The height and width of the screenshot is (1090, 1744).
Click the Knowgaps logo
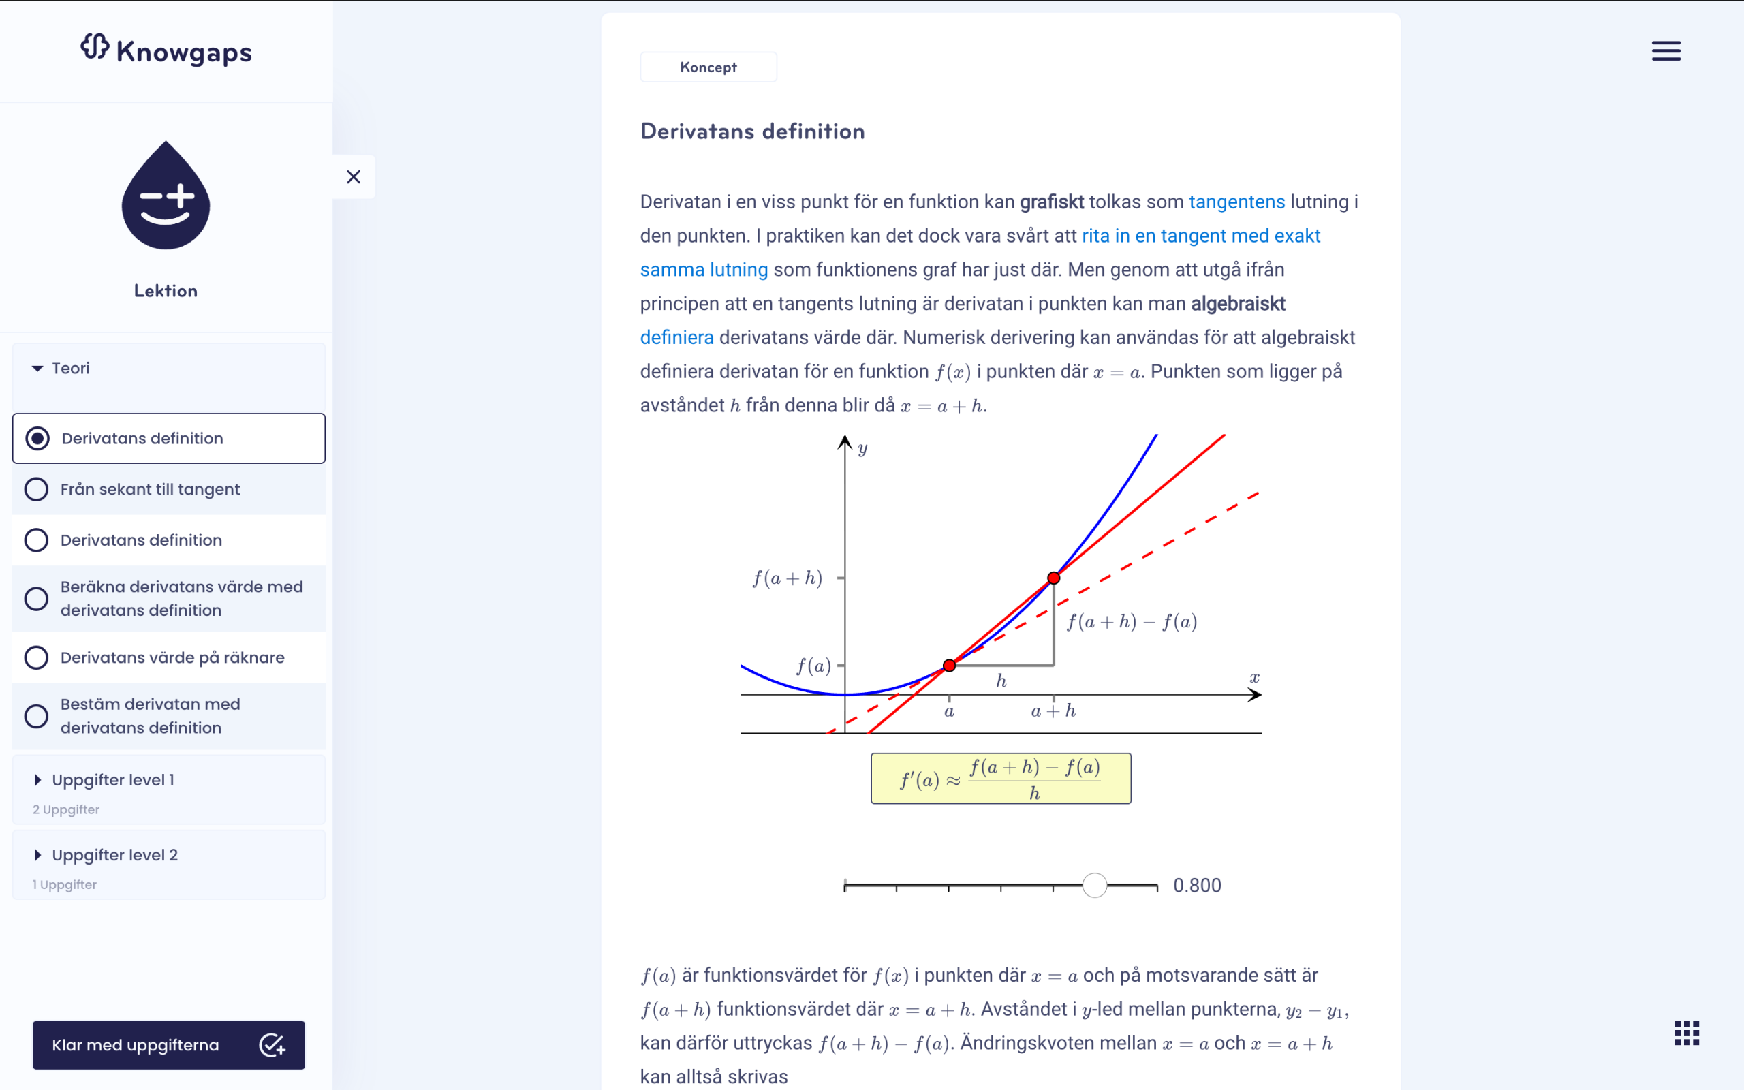click(166, 50)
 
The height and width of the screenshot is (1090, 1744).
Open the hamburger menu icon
click(1666, 51)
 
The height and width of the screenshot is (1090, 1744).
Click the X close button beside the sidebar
click(353, 176)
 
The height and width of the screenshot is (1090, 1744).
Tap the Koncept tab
click(708, 67)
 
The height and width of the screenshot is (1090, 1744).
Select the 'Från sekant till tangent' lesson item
click(150, 490)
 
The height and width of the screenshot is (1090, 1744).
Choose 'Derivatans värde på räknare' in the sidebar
click(172, 657)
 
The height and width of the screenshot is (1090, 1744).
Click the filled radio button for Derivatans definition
click(37, 438)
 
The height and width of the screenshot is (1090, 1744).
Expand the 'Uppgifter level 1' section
click(112, 780)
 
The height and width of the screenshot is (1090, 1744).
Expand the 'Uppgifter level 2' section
click(114, 855)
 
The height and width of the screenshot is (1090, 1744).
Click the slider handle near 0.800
click(1094, 885)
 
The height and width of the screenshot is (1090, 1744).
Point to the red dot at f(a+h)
click(1054, 578)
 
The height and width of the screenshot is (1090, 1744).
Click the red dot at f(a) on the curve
click(949, 666)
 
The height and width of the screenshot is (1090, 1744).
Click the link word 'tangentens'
click(1236, 202)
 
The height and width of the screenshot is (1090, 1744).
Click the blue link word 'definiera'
click(676, 337)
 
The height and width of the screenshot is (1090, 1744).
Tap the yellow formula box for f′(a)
click(1000, 779)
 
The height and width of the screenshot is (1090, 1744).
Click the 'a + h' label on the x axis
click(1053, 711)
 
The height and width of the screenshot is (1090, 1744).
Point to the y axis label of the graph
click(862, 448)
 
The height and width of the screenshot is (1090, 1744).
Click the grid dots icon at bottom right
click(1686, 1032)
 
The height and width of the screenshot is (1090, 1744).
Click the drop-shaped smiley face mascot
click(166, 196)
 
